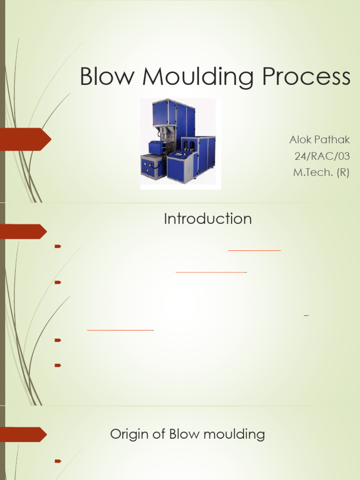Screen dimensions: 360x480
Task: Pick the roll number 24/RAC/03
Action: coord(322,156)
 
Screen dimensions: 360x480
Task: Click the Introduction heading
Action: coord(208,219)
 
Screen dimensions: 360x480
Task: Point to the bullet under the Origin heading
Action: coord(58,461)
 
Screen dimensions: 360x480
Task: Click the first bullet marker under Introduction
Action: coord(58,246)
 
